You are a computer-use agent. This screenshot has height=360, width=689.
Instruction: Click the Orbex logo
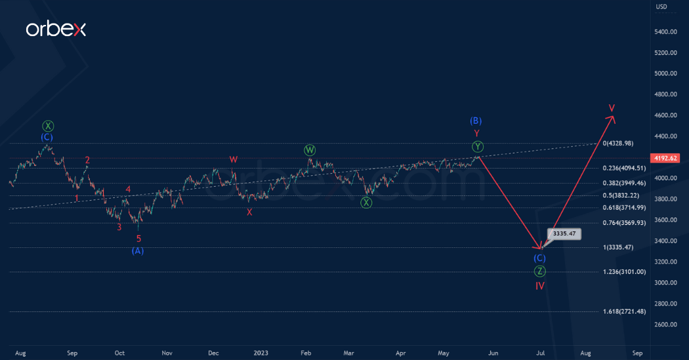(x=56, y=29)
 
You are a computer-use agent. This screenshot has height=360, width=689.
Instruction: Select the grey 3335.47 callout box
(x=564, y=233)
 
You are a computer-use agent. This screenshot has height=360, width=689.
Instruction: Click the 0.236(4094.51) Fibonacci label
(x=625, y=168)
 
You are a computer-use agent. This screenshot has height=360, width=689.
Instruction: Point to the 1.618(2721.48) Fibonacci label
(x=625, y=311)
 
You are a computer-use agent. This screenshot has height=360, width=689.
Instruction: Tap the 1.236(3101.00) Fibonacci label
(x=625, y=271)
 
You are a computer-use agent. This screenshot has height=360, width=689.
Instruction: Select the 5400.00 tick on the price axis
(x=665, y=31)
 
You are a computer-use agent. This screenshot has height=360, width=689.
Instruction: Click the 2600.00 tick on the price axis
(x=665, y=325)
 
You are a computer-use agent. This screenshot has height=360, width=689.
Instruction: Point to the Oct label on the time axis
(x=119, y=353)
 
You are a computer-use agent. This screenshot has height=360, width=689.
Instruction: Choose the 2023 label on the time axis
(x=261, y=353)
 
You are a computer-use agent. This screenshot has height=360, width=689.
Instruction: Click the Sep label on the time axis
(x=72, y=353)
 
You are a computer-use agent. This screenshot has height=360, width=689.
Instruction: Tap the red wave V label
(x=612, y=108)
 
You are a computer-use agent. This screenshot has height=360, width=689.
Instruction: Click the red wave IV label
(x=539, y=286)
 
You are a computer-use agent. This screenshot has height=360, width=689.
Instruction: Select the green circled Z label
(x=539, y=271)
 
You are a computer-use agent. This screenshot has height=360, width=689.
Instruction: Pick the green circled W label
(x=310, y=150)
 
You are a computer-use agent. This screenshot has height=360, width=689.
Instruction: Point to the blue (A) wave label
(x=138, y=250)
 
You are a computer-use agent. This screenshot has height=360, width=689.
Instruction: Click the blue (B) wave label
(x=476, y=121)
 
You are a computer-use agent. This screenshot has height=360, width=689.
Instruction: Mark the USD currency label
(x=661, y=7)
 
